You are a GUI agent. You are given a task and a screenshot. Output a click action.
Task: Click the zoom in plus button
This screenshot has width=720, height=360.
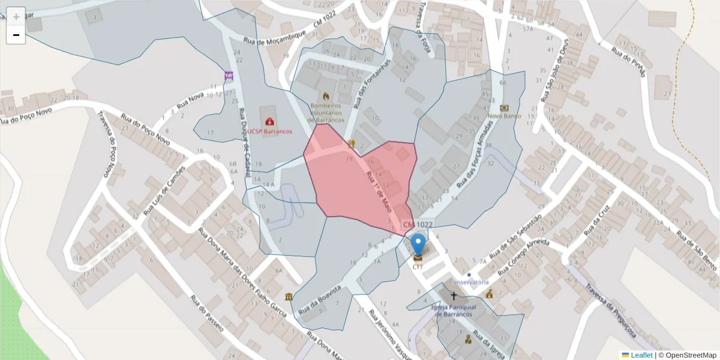point(16,16)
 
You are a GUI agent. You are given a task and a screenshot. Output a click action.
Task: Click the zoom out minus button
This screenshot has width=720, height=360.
point(16,35)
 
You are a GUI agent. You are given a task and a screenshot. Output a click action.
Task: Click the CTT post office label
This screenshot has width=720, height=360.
point(418,266)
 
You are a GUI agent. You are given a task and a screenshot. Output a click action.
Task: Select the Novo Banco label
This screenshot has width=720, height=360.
point(505,116)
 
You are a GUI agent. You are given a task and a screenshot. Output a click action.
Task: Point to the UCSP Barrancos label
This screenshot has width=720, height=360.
point(269,131)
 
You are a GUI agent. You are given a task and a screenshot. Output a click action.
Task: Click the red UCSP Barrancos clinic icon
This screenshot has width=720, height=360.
point(269,121)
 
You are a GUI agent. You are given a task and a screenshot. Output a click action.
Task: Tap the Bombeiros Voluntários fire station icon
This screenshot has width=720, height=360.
point(326,95)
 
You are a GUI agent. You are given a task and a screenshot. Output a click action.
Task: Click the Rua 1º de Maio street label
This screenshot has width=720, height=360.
point(379,191)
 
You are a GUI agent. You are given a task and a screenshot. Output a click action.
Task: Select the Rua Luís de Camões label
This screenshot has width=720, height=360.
point(161,191)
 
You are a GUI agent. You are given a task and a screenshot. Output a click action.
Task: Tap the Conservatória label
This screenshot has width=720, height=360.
point(469,282)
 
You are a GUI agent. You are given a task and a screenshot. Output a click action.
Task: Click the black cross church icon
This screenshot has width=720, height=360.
point(454,296)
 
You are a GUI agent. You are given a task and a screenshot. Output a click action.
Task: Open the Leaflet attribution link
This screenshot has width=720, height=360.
point(641,355)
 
